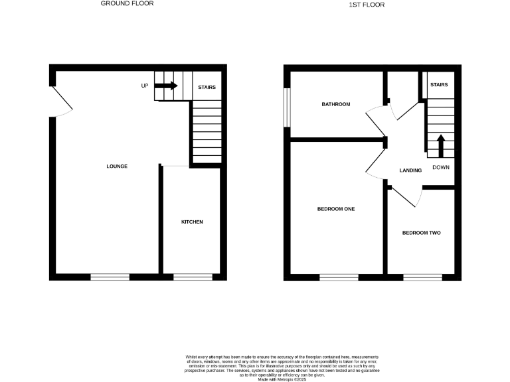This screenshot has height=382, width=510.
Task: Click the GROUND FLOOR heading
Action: point(127,3)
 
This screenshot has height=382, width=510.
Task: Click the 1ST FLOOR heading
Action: point(367,5)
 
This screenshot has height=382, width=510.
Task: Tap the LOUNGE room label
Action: point(116,166)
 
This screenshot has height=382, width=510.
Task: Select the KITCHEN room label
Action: point(192,222)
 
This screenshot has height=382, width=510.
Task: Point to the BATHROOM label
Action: point(335,105)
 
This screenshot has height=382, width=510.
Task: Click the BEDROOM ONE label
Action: point(335,209)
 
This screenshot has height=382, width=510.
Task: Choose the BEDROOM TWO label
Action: point(422,233)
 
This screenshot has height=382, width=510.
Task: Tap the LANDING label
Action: point(410,170)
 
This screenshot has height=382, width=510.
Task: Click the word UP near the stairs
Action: point(144,86)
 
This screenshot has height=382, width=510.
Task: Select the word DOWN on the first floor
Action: point(441,167)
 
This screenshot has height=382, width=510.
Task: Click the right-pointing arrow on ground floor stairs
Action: point(166,86)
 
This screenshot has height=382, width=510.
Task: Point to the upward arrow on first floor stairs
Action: point(440,145)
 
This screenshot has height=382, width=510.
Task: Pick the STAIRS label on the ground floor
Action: point(207,87)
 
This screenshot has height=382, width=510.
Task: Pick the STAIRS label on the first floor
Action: point(439,85)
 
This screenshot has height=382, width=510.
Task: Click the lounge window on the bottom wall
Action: point(110,277)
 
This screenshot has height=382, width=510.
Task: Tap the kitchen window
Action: point(193,277)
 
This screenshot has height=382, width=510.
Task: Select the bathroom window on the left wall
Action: point(287,106)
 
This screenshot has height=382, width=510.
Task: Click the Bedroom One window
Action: point(339,277)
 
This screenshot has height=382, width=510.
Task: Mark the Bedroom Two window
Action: point(422,277)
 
